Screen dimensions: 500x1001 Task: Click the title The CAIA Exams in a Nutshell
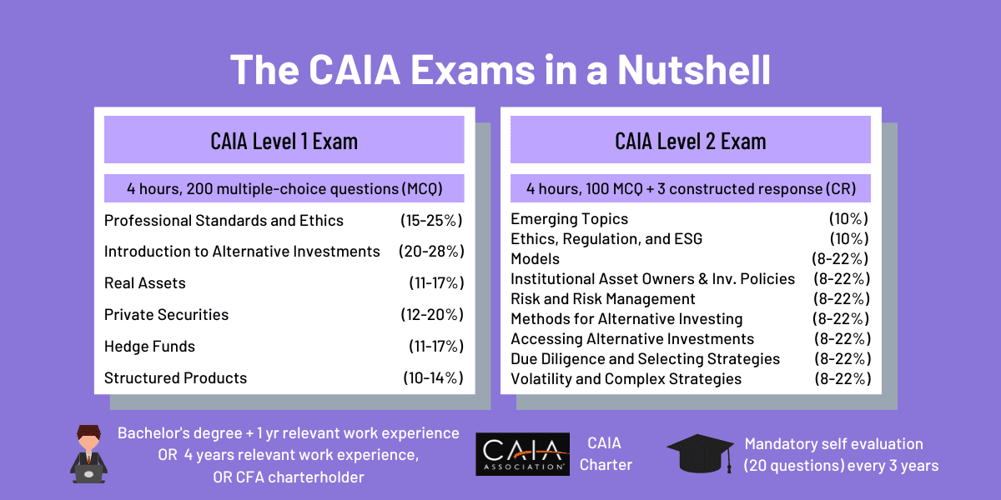tap(500, 69)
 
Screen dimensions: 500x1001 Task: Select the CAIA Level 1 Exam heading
tap(284, 140)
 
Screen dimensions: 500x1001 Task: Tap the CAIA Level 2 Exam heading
tap(690, 140)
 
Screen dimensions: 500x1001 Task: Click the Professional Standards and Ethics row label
tap(224, 221)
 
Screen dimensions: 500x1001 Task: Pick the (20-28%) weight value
tap(431, 252)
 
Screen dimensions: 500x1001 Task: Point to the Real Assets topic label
tap(145, 283)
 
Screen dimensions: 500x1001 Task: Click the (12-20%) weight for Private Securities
tap(431, 315)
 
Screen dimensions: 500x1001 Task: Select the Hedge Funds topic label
tap(150, 347)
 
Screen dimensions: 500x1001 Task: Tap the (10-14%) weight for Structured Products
tap(432, 378)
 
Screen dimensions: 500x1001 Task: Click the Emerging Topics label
tap(569, 219)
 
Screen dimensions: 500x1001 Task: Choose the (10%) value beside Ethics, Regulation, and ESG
tap(848, 239)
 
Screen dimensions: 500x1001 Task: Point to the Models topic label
tap(535, 259)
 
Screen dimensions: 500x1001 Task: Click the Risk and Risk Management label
tap(602, 299)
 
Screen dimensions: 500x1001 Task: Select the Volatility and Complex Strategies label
tap(626, 379)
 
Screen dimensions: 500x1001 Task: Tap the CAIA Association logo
tap(522, 454)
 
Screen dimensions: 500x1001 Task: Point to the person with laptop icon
tap(88, 454)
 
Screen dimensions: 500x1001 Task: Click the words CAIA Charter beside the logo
tap(606, 454)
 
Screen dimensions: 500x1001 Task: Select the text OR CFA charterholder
tap(288, 477)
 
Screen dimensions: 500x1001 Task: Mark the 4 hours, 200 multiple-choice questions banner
tap(284, 189)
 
